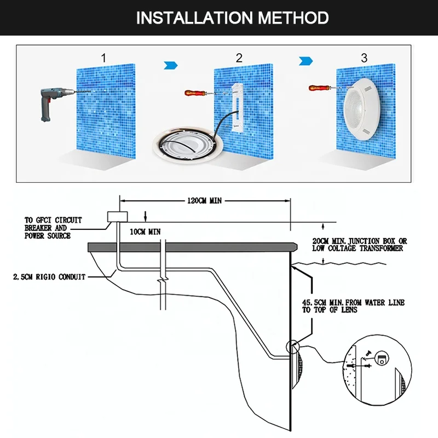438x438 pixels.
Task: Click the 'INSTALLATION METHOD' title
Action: (232, 18)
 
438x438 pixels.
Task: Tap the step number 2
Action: (239, 57)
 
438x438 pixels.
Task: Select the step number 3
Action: (364, 57)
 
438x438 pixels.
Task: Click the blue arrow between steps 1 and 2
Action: (171, 65)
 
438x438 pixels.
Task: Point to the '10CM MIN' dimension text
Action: (145, 232)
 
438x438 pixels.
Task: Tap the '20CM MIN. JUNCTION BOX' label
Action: (359, 244)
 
